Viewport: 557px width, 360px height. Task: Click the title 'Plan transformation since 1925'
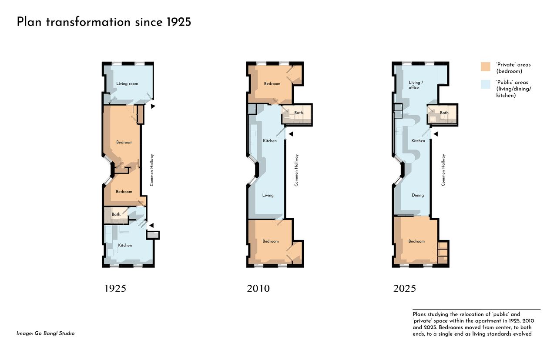[x=104, y=22]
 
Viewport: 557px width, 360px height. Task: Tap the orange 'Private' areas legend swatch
[x=485, y=67]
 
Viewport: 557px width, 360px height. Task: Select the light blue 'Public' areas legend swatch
[x=485, y=84]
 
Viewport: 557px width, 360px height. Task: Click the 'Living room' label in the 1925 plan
[x=127, y=84]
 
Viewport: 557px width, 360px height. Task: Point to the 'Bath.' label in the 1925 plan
[x=116, y=214]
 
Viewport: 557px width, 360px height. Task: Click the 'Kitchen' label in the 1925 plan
[x=125, y=245]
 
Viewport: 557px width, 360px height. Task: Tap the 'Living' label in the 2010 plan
[x=268, y=195]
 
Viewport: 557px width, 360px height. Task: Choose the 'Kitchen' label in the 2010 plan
[x=270, y=141]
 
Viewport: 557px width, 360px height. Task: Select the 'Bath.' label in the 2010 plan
[x=299, y=113]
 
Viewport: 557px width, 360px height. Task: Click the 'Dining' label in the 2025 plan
[x=418, y=195]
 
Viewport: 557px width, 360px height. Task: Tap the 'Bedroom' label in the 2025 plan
[x=416, y=241]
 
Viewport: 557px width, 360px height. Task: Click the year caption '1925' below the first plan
[x=115, y=288]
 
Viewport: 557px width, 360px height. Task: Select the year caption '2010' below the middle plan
[x=258, y=288]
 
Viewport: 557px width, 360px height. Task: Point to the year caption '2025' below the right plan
[x=404, y=288]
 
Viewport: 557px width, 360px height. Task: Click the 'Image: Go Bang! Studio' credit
[x=46, y=333]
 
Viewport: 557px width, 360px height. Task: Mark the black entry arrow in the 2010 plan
[x=290, y=134]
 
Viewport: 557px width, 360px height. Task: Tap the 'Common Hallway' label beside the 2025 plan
[x=443, y=170]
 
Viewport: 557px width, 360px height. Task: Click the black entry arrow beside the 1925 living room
[x=153, y=106]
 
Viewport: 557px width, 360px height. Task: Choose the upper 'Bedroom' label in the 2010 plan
[x=272, y=84]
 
